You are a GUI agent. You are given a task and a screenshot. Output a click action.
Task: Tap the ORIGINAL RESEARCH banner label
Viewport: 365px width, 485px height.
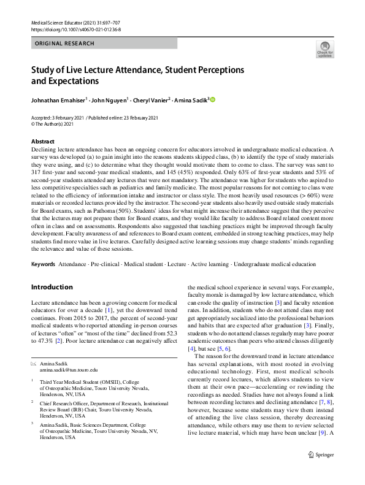pos(65,44)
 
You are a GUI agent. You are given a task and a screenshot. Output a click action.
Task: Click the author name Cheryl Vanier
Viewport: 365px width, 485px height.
pos(153,99)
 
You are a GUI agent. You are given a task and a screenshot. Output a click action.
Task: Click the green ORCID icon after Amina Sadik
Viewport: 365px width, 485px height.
pos(213,99)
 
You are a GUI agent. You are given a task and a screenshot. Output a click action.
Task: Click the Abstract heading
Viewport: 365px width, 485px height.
pos(42,141)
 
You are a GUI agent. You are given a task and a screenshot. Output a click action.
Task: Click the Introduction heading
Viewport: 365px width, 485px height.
pos(52,287)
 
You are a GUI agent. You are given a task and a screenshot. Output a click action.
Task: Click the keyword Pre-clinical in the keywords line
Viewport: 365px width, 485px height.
pos(107,264)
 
